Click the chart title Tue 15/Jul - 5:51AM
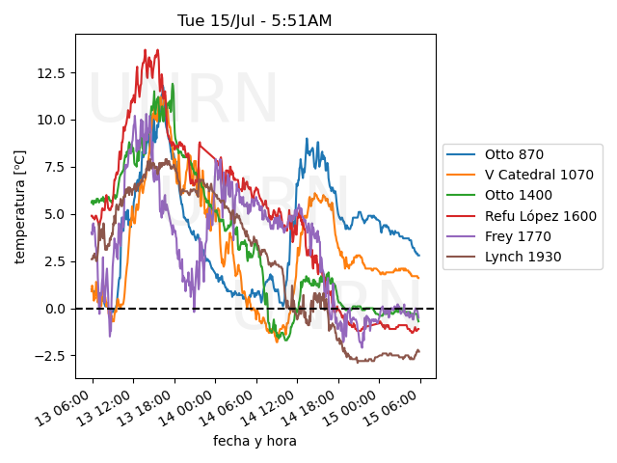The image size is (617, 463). point(255,20)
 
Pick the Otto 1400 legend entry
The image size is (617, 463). point(517,196)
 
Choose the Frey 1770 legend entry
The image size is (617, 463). point(516,236)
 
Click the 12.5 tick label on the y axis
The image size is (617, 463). point(52,73)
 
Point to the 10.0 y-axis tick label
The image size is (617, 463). point(52,121)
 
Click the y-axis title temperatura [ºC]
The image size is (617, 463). point(19,204)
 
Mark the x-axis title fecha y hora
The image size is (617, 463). point(255,441)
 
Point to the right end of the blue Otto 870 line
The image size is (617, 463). point(419,256)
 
